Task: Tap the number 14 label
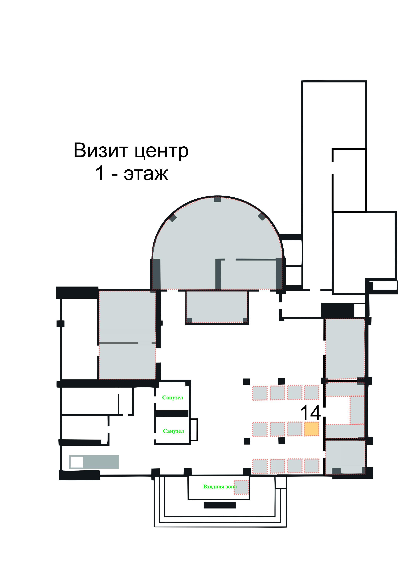[x=310, y=413]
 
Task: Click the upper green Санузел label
[x=173, y=397]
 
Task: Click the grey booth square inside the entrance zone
[x=241, y=487]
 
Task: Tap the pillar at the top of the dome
[x=217, y=199]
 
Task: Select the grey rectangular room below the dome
[x=217, y=306]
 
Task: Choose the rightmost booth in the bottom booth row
[x=311, y=466]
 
